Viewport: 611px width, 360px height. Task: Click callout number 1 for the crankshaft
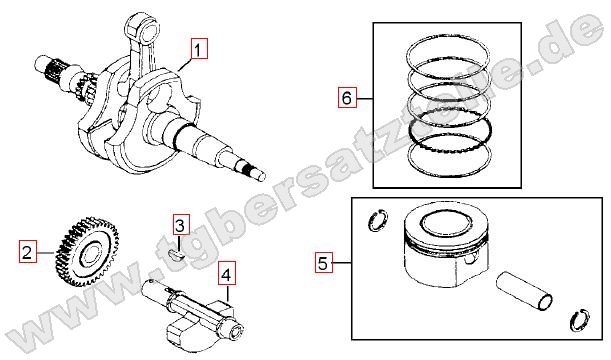[199, 49]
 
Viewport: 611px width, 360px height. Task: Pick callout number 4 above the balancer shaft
[226, 275]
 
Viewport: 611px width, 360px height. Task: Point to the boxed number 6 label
[347, 97]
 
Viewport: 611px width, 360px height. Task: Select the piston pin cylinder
[524, 291]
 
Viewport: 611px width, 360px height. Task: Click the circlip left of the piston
[378, 221]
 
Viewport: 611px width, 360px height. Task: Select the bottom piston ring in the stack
[449, 155]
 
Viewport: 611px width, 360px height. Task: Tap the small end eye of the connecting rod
[143, 28]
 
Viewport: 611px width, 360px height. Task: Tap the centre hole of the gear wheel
[93, 253]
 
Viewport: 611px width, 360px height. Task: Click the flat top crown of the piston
[446, 224]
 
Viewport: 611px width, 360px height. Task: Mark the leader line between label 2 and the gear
[46, 252]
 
